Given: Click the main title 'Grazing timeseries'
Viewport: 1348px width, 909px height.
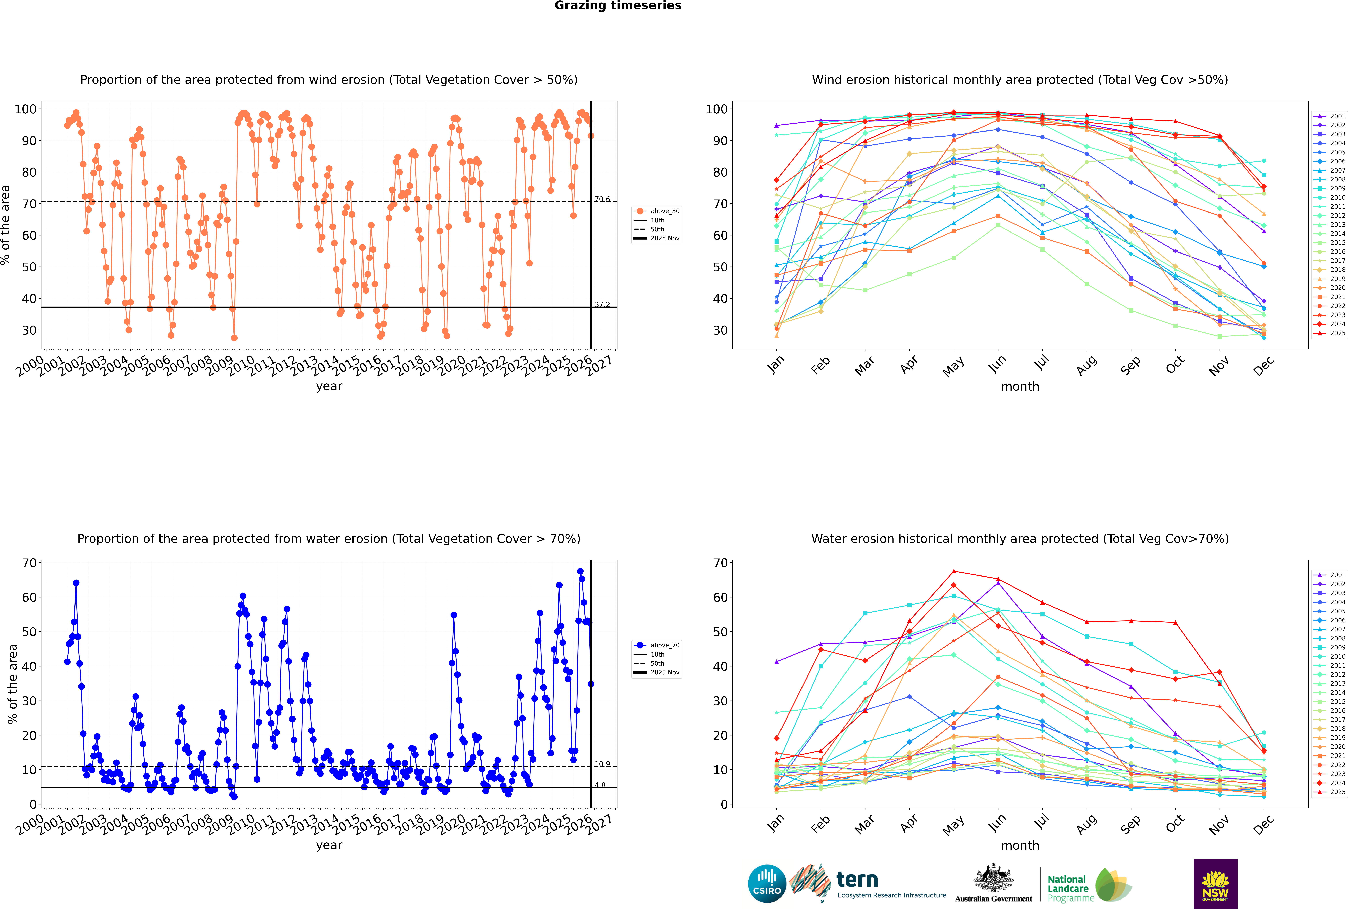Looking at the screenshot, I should [618, 6].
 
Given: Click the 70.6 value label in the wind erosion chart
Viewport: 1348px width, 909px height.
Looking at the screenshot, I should [602, 199].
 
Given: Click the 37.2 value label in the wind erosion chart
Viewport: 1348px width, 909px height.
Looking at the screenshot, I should [602, 304].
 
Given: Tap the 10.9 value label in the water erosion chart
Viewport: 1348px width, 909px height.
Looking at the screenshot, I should [602, 764].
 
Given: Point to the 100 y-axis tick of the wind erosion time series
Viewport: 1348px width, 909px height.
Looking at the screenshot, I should [25, 109].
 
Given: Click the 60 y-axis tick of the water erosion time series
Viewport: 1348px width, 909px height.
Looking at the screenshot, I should [29, 597].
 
